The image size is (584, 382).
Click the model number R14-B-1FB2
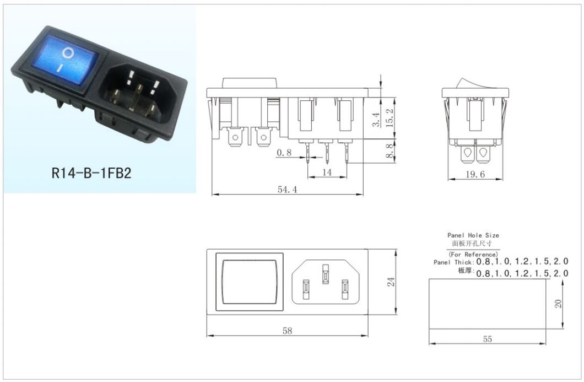(x=91, y=173)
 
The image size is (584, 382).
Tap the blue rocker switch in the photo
(x=65, y=60)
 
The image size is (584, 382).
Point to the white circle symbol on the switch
(x=67, y=53)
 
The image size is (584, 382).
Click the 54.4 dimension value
(x=287, y=190)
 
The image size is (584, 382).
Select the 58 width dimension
(x=287, y=331)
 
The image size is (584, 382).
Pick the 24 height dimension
(x=391, y=282)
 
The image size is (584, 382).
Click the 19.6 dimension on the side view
(x=475, y=174)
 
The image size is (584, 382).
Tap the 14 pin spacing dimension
(x=327, y=172)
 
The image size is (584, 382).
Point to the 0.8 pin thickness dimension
(x=284, y=153)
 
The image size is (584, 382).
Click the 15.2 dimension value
(x=390, y=118)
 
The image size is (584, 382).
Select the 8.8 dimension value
(x=390, y=151)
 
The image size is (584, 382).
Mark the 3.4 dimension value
(x=376, y=120)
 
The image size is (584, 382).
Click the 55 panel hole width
(x=487, y=339)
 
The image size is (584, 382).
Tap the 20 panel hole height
(x=558, y=304)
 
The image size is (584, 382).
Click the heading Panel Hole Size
(x=473, y=235)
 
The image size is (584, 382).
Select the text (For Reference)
(x=473, y=255)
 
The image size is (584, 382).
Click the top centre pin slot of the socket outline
(x=326, y=275)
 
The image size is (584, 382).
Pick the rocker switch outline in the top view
(x=250, y=282)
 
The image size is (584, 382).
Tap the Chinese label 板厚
(x=465, y=271)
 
